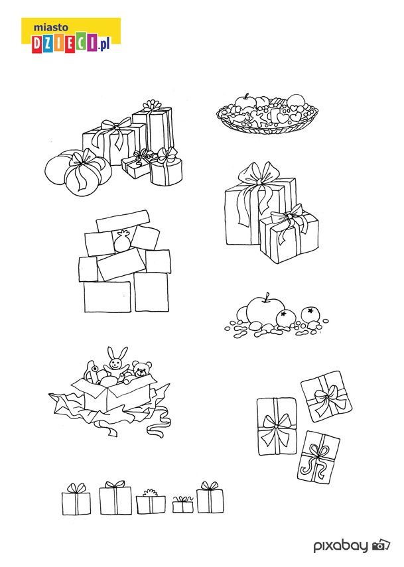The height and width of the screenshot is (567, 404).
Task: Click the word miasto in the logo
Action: [50, 27]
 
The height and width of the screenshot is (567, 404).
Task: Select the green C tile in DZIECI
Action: [82, 42]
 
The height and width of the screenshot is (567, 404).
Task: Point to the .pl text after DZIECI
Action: [103, 45]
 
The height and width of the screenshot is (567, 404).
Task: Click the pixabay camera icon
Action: [381, 544]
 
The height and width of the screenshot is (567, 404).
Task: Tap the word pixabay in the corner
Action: [341, 545]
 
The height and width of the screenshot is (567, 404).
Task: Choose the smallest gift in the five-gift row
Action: [182, 504]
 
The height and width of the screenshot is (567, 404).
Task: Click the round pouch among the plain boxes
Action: [122, 241]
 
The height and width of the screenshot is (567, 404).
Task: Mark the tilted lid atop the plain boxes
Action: [122, 221]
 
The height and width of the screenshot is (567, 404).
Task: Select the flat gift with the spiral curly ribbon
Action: [318, 458]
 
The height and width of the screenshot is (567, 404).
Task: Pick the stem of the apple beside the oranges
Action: [267, 297]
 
